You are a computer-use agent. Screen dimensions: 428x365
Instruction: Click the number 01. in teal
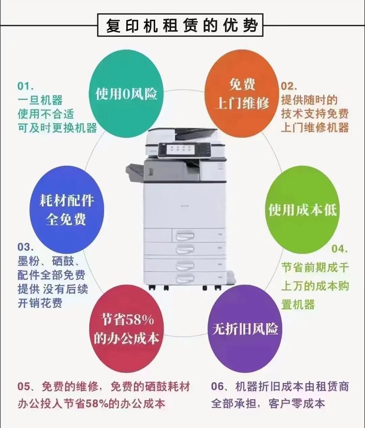coord(26,86)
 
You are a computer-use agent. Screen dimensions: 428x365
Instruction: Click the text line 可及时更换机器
coord(57,128)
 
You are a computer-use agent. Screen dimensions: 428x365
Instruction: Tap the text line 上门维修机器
coord(315,127)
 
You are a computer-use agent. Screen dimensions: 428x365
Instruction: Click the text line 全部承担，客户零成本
coord(268,403)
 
